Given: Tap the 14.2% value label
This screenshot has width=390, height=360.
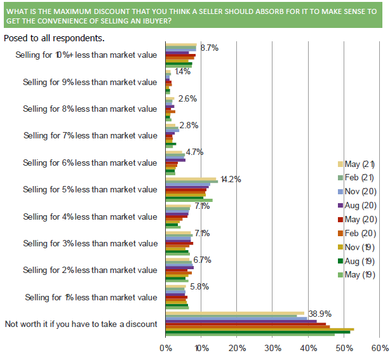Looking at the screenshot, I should tap(229, 179).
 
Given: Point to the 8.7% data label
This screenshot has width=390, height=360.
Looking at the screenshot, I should tap(210, 48).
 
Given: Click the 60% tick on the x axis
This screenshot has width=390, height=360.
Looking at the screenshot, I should tap(379, 348).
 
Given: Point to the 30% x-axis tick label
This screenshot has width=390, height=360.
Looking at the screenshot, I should tap(272, 348).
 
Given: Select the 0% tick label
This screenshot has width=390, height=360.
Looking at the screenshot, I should tap(165, 348).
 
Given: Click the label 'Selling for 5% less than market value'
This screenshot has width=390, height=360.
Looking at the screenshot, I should tap(90, 189).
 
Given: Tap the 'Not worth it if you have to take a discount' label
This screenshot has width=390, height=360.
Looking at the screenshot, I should tap(81, 324).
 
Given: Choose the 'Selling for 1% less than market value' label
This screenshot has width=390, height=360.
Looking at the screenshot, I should tap(90, 297).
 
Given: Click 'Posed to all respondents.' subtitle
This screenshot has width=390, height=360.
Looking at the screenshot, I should tap(54, 37).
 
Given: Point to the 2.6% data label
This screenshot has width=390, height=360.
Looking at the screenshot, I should tap(188, 98).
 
